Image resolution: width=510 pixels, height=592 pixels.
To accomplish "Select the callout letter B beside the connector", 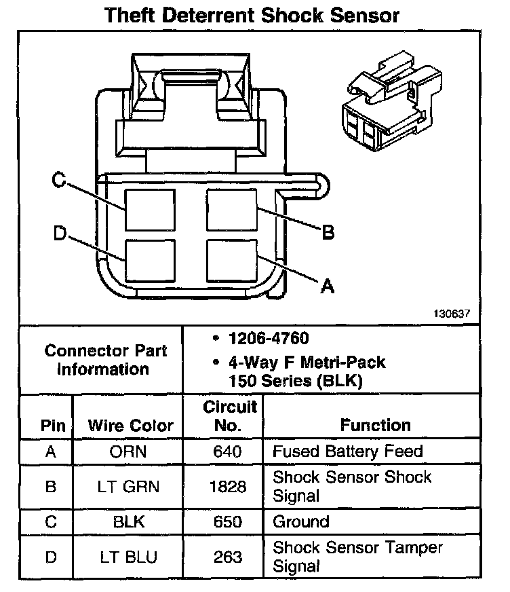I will click(328, 233).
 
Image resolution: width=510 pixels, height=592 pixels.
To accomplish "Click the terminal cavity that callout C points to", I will click(150, 210).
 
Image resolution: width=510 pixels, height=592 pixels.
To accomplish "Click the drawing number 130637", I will click(452, 315).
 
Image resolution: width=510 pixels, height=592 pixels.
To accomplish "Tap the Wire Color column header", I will click(131, 426).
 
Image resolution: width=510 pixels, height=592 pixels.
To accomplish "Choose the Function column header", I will click(375, 426).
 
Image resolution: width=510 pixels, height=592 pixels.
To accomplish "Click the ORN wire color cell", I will click(131, 451).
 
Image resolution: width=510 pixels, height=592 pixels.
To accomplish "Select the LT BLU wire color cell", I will click(131, 557).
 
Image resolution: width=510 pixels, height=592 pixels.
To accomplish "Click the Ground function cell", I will click(301, 521).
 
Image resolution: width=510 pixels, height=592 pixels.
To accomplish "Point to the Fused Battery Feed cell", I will click(347, 451).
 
